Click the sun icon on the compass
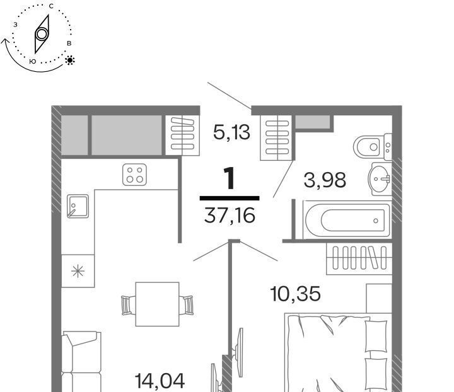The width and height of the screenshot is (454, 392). [70, 60]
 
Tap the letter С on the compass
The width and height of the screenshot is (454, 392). [51, 6]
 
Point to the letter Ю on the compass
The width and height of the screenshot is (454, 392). [33, 61]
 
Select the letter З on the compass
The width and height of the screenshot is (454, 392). [15, 25]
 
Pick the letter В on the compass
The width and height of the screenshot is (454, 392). [69, 43]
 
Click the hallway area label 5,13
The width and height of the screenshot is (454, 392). [231, 132]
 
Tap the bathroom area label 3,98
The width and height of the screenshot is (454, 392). [325, 180]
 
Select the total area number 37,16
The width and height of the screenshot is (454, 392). [230, 216]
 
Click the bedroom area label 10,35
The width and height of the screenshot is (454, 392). [295, 294]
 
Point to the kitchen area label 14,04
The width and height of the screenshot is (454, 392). [160, 381]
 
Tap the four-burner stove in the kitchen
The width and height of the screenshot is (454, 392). [134, 175]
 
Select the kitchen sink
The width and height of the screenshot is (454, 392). [78, 206]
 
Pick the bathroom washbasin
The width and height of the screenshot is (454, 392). [380, 179]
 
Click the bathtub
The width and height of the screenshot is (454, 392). [347, 220]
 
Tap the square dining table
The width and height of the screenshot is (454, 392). [157, 304]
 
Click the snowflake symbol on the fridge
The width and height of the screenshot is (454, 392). [78, 272]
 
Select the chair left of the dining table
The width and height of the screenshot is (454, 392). [128, 305]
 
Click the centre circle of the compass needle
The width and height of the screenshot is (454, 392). [42, 34]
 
